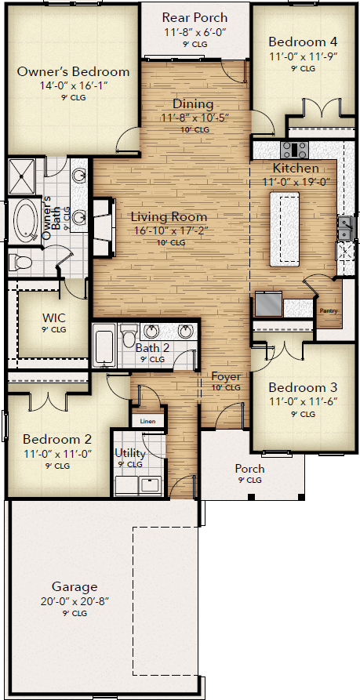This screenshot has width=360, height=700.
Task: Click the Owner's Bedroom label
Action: pyautogui.click(x=73, y=72)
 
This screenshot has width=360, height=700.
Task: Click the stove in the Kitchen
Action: pyautogui.click(x=294, y=150)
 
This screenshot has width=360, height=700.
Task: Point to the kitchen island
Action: pyautogui.click(x=285, y=229)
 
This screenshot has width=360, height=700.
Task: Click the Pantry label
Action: pyautogui.click(x=329, y=310)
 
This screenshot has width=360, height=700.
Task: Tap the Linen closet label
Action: pyautogui.click(x=147, y=421)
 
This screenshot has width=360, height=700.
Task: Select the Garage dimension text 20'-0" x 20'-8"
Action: pyautogui.click(x=75, y=601)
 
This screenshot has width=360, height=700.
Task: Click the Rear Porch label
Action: pyautogui.click(x=195, y=18)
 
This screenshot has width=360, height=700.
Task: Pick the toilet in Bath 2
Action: pyautogui.click(x=128, y=335)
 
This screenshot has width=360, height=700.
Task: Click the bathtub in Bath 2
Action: pyautogui.click(x=105, y=346)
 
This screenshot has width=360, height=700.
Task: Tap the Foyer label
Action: pyautogui.click(x=226, y=376)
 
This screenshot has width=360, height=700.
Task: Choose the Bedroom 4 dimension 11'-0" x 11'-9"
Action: pyautogui.click(x=303, y=56)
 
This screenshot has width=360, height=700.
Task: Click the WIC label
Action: pyautogui.click(x=54, y=318)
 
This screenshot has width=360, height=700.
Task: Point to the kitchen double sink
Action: pyautogui.click(x=344, y=228)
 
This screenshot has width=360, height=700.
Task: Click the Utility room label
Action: pyautogui.click(x=130, y=454)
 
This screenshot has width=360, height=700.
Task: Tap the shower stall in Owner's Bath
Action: pyautogui.click(x=22, y=176)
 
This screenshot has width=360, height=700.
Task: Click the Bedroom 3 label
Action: pyautogui.click(x=303, y=387)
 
